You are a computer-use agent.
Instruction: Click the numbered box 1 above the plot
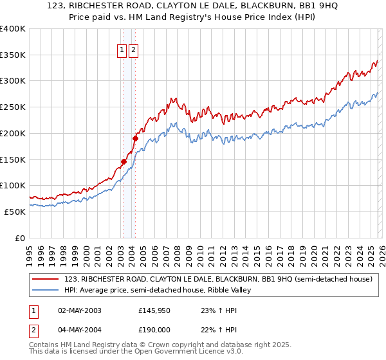pyautogui.click(x=122, y=50)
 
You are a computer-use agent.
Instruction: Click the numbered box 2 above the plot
pyautogui.click(x=133, y=50)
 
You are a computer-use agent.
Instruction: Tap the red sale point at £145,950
pyautogui.click(x=124, y=161)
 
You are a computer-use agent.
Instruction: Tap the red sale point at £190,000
pyautogui.click(x=135, y=138)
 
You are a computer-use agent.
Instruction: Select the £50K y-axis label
pyautogui.click(x=15, y=212)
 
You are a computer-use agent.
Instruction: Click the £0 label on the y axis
pyautogui.click(x=21, y=238)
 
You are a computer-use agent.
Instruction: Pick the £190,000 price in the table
pyautogui.click(x=155, y=330)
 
